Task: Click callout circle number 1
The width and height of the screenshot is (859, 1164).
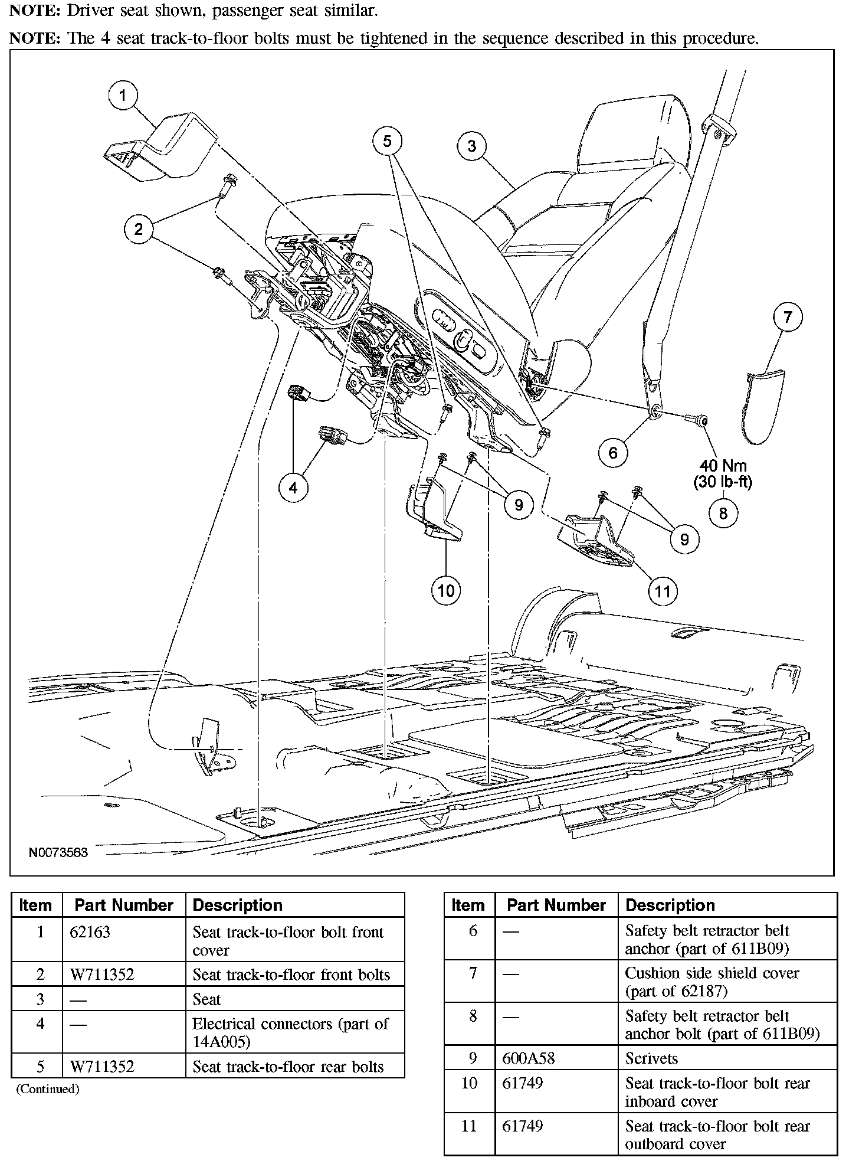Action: pos(123,96)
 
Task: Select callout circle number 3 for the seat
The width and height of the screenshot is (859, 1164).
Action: pos(471,146)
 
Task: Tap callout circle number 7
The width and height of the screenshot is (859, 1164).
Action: pos(788,318)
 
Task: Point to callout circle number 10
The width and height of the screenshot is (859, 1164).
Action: pos(446,590)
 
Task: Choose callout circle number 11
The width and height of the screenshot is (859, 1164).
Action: pos(663,591)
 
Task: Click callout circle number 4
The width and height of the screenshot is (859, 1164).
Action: pos(293,488)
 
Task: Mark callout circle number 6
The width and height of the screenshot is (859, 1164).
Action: pos(613,453)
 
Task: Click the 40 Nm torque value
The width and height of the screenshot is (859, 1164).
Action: pos(723,466)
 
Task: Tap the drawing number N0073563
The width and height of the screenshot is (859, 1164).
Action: pos(58,852)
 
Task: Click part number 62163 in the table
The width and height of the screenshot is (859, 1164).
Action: pos(90,932)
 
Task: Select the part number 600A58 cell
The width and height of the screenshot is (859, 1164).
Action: pos(528,1058)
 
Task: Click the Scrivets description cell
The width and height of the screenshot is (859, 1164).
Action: pos(651,1058)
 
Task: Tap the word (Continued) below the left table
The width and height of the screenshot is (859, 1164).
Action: pos(47,1089)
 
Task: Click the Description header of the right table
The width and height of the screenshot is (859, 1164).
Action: pos(670,905)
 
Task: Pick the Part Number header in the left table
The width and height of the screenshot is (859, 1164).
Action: pos(124,905)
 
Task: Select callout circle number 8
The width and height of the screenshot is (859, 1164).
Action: pos(723,514)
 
